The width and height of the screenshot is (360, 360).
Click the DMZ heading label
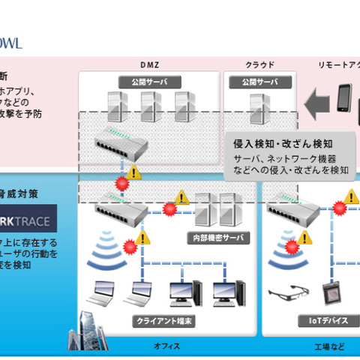click(148, 64)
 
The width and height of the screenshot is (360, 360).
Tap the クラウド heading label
click(260, 64)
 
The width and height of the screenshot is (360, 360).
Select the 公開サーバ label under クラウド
click(259, 81)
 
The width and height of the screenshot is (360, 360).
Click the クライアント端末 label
click(161, 320)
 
